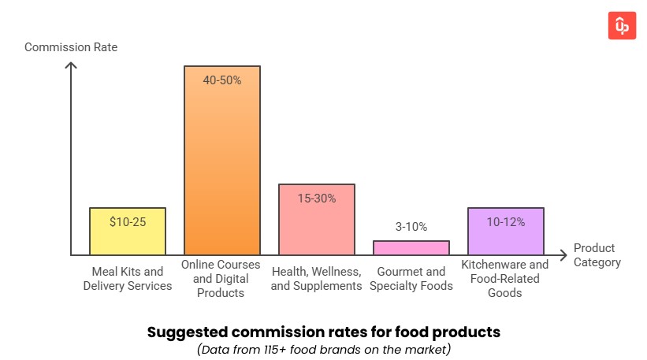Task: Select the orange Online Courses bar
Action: (x=222, y=165)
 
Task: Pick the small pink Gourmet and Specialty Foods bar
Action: (x=411, y=247)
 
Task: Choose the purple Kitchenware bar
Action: (x=506, y=236)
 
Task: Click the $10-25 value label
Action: (x=128, y=222)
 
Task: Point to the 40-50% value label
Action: (x=222, y=80)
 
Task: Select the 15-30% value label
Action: (x=317, y=199)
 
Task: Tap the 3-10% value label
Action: (x=411, y=227)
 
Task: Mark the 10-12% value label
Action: (x=506, y=222)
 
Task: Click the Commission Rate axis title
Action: (x=71, y=47)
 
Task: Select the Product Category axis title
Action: (x=597, y=255)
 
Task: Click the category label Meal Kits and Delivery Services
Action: (x=128, y=279)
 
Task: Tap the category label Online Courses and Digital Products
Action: (x=222, y=279)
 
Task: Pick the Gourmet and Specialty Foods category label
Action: (x=411, y=279)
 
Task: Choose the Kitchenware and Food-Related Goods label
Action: (x=505, y=279)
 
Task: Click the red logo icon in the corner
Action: (x=622, y=25)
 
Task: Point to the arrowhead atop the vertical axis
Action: (x=71, y=65)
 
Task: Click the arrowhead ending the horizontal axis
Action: (x=563, y=255)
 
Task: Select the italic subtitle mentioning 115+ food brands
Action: (x=323, y=349)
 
